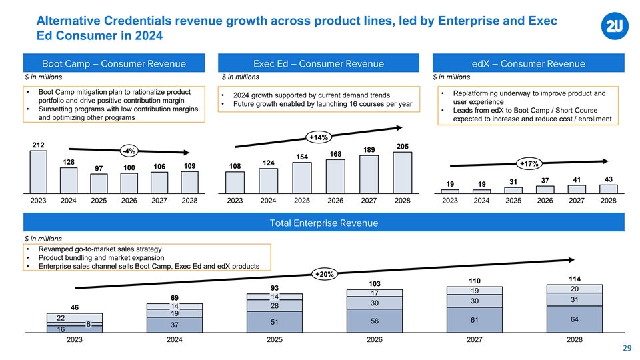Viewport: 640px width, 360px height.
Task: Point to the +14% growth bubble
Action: point(317,138)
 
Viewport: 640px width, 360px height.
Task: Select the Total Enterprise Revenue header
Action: point(323,223)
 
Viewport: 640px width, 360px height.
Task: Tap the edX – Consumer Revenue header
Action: point(529,64)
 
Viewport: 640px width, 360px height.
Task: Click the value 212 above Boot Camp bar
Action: point(38,145)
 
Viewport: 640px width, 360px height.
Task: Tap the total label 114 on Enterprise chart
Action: point(574,279)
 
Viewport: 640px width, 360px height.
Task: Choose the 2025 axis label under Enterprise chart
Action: point(274,339)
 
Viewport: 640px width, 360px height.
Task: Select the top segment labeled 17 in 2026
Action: point(374,293)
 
